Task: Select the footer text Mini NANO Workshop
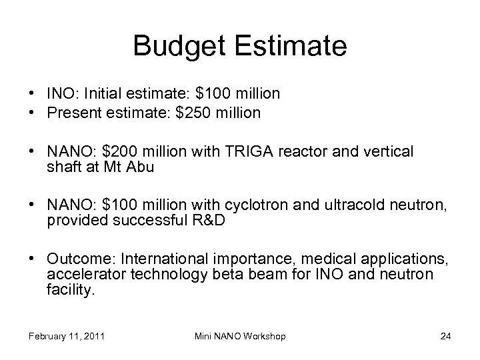tap(241, 336)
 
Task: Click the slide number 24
tap(446, 336)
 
